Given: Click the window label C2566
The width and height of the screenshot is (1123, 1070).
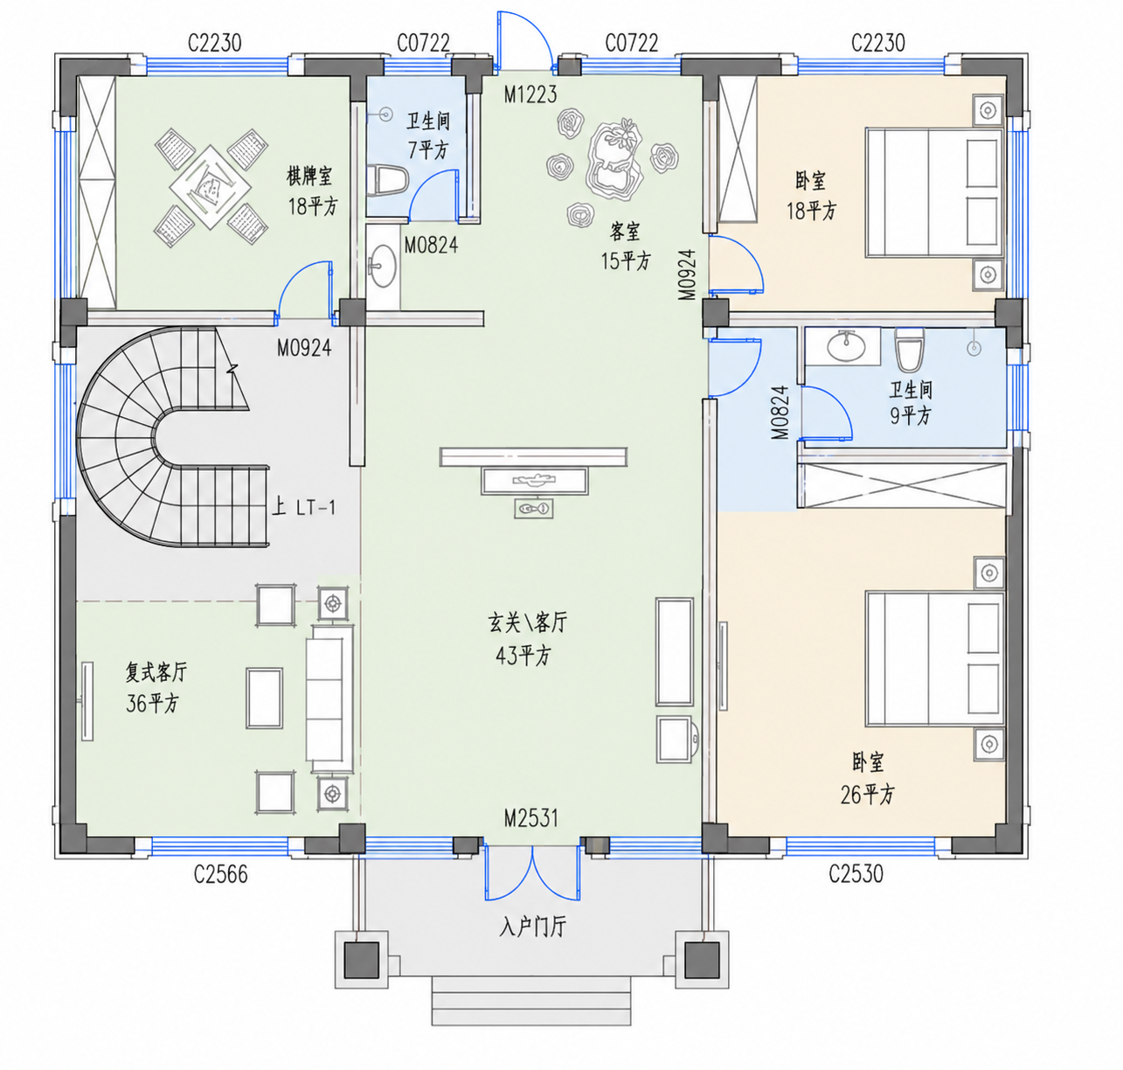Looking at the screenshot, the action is coord(220,874).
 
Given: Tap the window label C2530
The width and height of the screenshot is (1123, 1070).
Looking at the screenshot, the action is coord(856,873).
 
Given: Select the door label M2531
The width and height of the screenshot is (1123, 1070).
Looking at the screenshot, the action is coord(530,818).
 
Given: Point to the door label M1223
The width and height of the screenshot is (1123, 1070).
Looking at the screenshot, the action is coord(530,94).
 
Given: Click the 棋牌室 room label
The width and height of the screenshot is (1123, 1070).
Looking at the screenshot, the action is coord(309,176).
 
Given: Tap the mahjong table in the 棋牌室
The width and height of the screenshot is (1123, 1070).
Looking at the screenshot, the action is coord(211,187).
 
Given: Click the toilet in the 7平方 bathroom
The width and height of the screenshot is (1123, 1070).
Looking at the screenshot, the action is coord(388,180).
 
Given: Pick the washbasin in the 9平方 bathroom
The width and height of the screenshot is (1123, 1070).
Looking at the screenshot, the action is coord(846,345).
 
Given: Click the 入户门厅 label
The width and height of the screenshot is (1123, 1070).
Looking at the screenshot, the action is coord(532,926).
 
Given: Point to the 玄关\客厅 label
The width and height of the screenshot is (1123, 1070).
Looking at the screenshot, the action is coord(527,622).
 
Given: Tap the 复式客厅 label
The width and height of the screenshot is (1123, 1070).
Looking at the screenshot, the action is coord(156,672).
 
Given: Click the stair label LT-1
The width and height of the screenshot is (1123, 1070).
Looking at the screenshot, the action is coord(315,507).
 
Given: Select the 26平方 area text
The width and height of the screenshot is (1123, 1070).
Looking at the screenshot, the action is coord(867,795).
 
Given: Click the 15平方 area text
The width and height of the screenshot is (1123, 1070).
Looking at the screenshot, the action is coord(626,261).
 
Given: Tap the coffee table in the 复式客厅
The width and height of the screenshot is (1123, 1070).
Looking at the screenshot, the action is coord(264,698).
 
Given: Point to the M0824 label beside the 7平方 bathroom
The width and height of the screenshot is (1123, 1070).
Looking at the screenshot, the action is coord(431,245).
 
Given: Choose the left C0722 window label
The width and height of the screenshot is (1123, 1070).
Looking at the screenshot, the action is coord(423,43).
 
